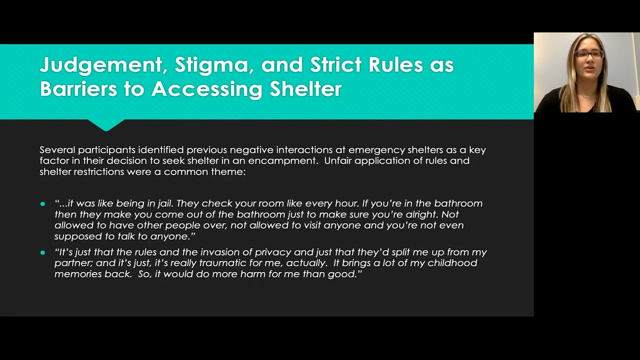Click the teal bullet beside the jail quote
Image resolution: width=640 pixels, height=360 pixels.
(x=42, y=204)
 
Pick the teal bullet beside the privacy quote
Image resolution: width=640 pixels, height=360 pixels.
(x=42, y=252)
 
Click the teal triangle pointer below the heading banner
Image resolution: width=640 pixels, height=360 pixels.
(x=105, y=124)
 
